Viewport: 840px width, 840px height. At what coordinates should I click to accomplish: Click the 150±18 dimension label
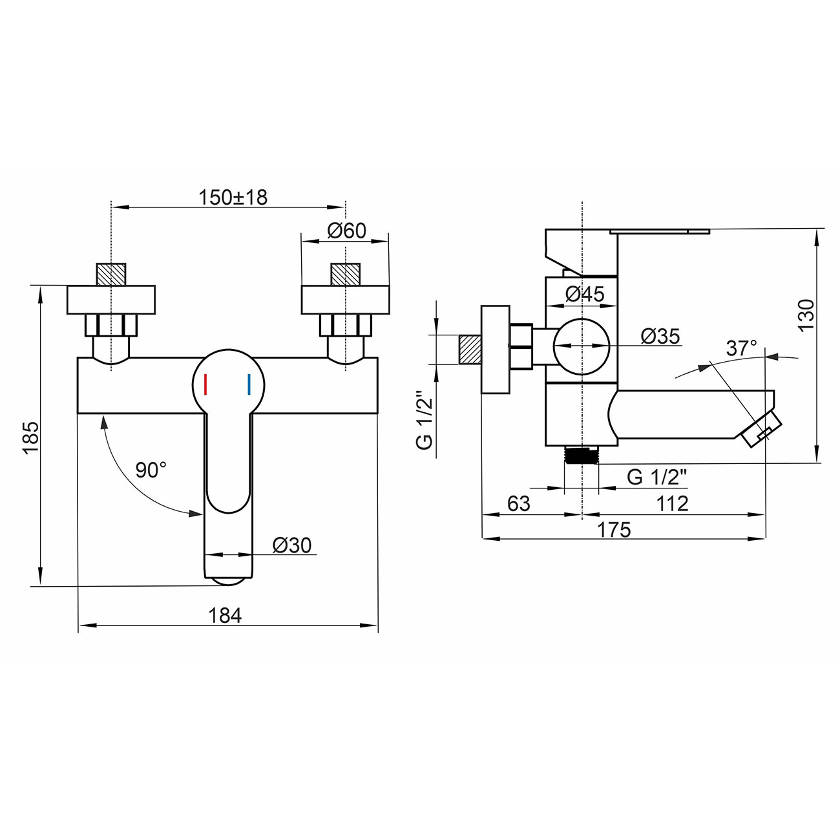click(x=233, y=197)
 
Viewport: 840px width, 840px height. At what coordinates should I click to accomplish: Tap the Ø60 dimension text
click(x=346, y=231)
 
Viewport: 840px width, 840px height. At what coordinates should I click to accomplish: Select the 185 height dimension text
click(x=32, y=437)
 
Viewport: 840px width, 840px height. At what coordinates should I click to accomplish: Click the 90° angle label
click(x=151, y=470)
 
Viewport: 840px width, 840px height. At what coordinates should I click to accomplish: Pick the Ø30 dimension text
click(x=292, y=545)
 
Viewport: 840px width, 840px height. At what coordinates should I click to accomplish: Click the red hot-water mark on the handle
click(x=205, y=384)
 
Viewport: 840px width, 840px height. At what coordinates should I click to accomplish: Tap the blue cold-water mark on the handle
click(x=249, y=384)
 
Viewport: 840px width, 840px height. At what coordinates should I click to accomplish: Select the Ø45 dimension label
click(x=585, y=294)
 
